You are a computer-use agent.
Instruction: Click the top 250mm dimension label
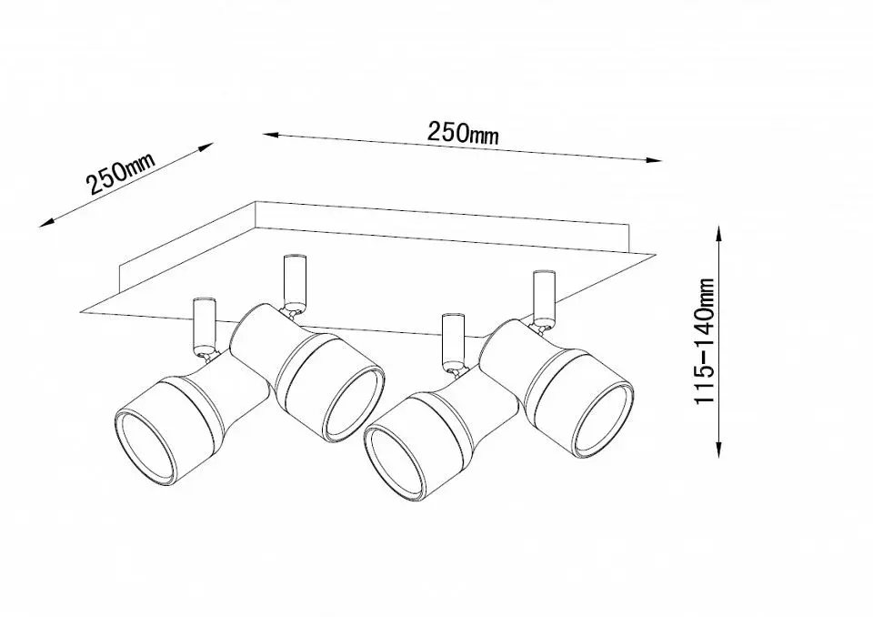[x=463, y=133]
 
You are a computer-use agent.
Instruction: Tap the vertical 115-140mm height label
[x=704, y=340]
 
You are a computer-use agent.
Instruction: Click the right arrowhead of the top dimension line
[x=655, y=160]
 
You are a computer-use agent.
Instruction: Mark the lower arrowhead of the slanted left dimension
[x=45, y=223]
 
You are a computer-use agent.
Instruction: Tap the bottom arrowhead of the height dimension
[x=718, y=450]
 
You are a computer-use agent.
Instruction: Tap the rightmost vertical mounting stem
[x=544, y=297]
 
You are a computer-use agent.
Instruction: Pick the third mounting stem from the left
[x=453, y=340]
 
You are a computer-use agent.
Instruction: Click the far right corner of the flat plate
[x=655, y=256]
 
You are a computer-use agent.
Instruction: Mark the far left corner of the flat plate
[x=81, y=312]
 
